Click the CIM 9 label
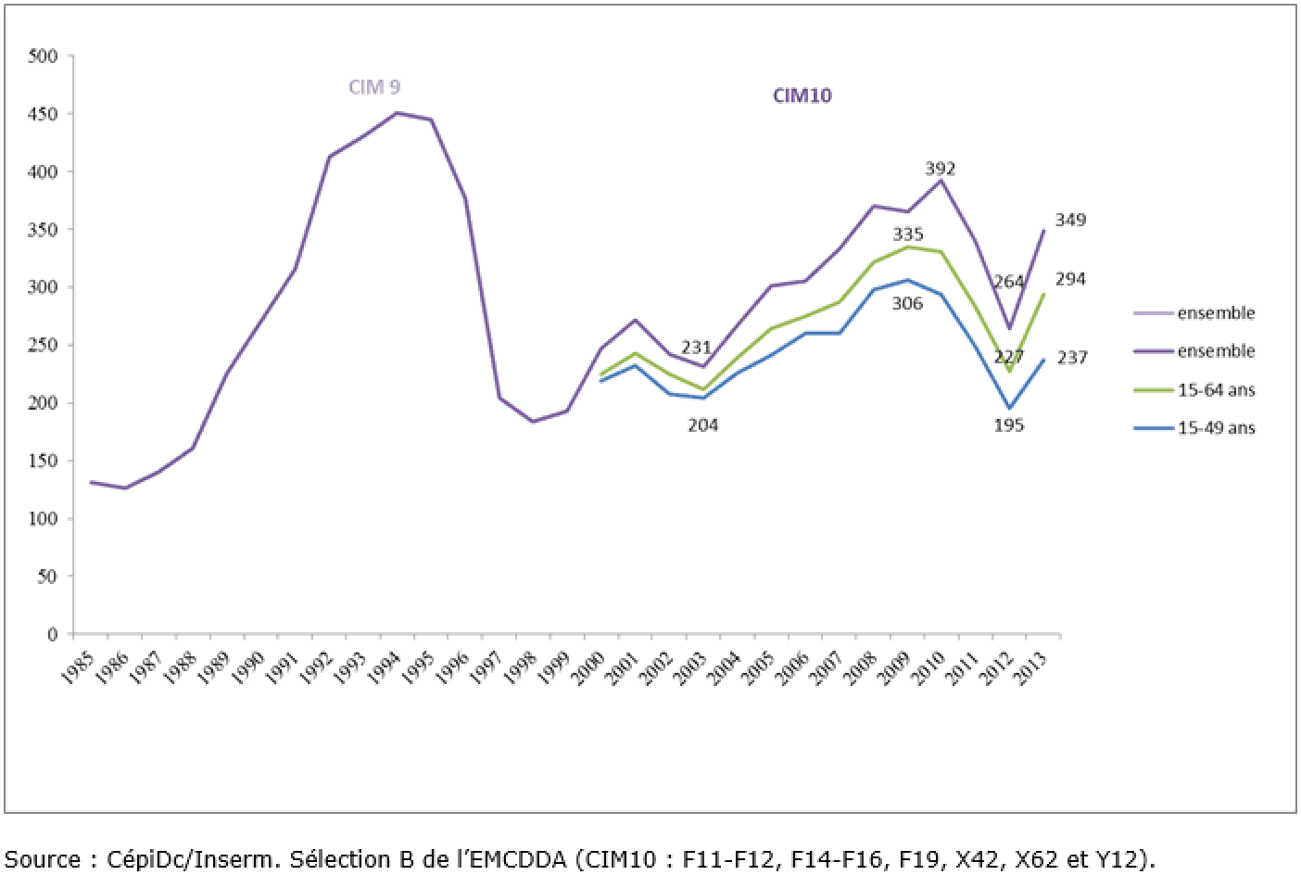(374, 88)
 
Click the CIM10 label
(802, 95)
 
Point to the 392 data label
(940, 169)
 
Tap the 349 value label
(1071, 221)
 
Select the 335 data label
(907, 235)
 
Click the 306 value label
(907, 303)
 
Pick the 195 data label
(1008, 425)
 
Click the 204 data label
(702, 425)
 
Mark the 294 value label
(1071, 279)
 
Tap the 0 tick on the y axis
(53, 635)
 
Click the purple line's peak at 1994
(397, 113)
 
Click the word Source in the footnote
(43, 858)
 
